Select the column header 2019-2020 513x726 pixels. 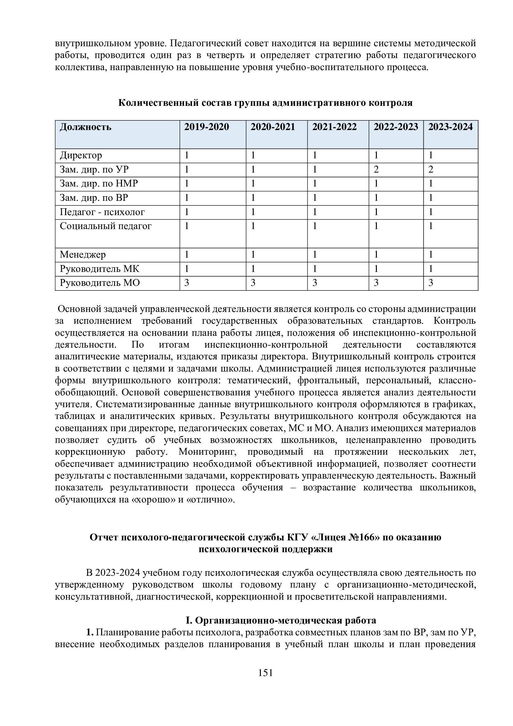(x=207, y=127)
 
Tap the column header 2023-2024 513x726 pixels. (x=450, y=127)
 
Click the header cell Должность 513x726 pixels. (x=86, y=127)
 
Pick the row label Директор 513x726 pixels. (x=81, y=156)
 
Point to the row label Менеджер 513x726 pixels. (x=83, y=255)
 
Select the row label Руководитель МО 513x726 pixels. (x=100, y=283)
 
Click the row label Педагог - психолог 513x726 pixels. (x=102, y=212)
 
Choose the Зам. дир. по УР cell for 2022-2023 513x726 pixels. (x=376, y=170)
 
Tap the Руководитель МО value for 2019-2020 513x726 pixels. (x=187, y=283)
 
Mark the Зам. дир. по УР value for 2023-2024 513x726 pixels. (x=431, y=170)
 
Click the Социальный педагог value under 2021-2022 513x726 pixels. (x=314, y=226)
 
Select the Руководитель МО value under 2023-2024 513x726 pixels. (x=431, y=283)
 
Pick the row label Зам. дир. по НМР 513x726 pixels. (x=99, y=184)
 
